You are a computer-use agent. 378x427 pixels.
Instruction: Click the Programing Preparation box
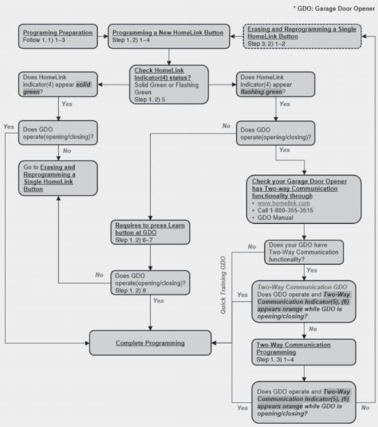pos(58,36)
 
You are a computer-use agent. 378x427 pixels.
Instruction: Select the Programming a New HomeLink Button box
pos(169,36)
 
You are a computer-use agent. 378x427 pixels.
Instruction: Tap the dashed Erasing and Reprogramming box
pos(302,36)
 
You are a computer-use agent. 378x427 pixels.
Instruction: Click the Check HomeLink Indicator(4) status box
pos(169,84)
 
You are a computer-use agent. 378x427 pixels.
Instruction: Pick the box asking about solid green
pos(58,84)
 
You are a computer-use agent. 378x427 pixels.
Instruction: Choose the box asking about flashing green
pos(276,84)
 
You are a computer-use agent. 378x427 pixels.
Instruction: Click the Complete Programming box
pos(150,343)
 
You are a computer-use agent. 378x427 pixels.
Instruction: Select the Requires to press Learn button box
pos(150,232)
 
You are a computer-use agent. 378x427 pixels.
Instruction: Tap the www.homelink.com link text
pos(283,203)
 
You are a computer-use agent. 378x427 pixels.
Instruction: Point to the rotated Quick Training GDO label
pos(223,285)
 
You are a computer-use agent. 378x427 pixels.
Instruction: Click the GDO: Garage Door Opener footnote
pos(334,9)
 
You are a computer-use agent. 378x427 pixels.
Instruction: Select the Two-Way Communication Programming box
pos(304,352)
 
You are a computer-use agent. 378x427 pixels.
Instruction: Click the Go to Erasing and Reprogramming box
pos(58,178)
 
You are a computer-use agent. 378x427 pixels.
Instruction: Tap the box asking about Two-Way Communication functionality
pos(304,252)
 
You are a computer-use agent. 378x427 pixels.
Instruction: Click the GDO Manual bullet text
pos(275,217)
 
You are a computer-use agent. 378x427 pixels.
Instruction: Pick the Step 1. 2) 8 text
pos(130,291)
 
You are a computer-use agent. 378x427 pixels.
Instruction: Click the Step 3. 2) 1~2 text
pos(266,43)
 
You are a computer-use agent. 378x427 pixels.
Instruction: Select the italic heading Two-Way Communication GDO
pos(302,287)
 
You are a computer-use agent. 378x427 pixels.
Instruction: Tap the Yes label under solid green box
pos(67,104)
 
